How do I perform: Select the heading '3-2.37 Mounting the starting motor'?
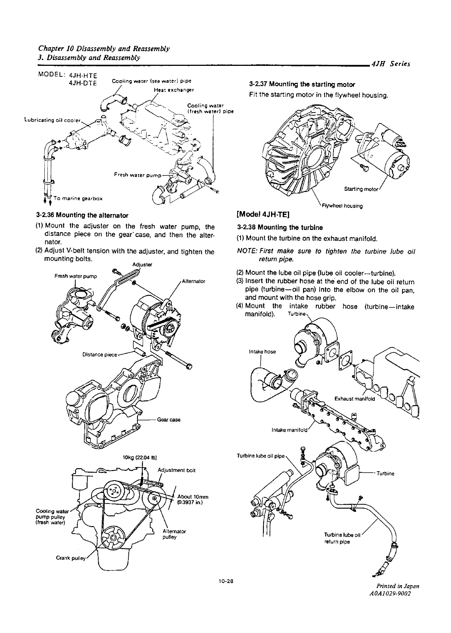click(302, 84)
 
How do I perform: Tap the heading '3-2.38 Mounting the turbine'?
click(280, 228)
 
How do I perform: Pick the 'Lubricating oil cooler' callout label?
click(52, 120)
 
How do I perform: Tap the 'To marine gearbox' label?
click(78, 198)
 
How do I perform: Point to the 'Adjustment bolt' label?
click(177, 470)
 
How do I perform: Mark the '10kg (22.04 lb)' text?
click(140, 458)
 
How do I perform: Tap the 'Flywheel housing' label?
click(342, 205)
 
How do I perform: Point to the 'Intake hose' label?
click(262, 352)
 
